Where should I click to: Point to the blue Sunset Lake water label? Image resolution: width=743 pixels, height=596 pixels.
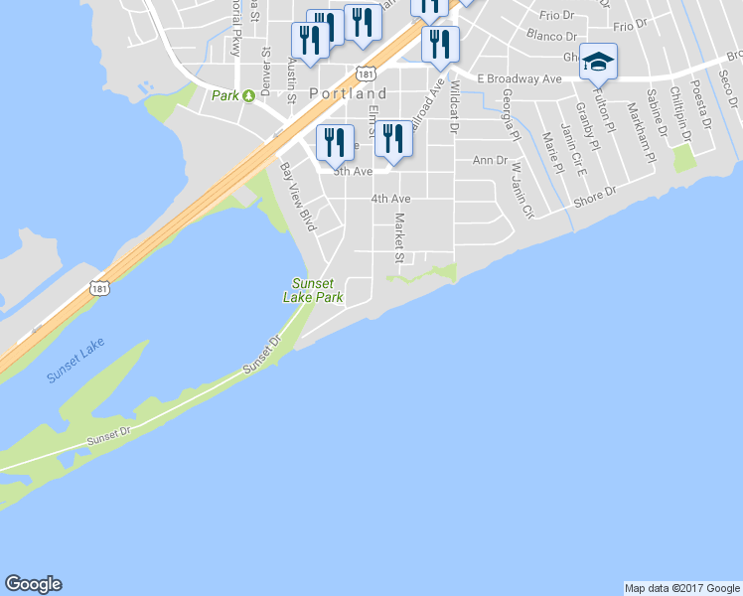[74, 363]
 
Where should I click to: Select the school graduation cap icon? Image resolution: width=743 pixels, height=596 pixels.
[598, 62]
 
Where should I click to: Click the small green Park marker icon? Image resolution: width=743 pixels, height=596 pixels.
[248, 95]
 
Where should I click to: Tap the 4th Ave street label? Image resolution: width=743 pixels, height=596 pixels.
[390, 199]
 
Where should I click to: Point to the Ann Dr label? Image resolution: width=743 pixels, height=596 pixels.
[490, 160]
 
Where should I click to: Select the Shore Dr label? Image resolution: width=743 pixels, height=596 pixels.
[596, 201]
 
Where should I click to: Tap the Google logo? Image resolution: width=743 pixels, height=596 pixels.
[33, 584]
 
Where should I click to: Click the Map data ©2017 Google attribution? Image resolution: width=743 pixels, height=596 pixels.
[681, 588]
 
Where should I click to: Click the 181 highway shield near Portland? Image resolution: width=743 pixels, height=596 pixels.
[367, 74]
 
